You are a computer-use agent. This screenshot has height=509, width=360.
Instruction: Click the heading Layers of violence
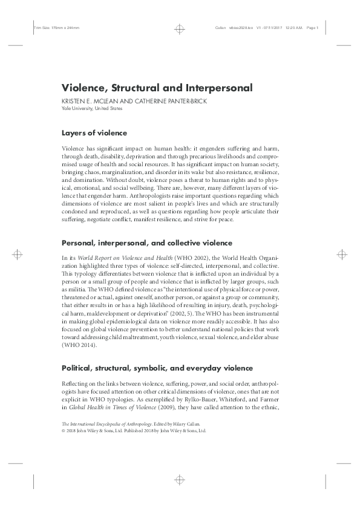pos(94,133)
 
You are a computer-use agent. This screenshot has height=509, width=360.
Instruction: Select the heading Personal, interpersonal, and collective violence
pos(146,242)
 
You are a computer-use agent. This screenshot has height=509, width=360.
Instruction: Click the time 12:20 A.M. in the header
pos(292,28)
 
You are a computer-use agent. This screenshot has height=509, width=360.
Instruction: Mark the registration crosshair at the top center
pos(180,28)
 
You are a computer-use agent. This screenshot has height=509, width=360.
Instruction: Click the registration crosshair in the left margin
pos(19,254)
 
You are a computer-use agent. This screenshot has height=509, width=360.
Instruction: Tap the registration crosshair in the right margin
pos(339,254)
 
